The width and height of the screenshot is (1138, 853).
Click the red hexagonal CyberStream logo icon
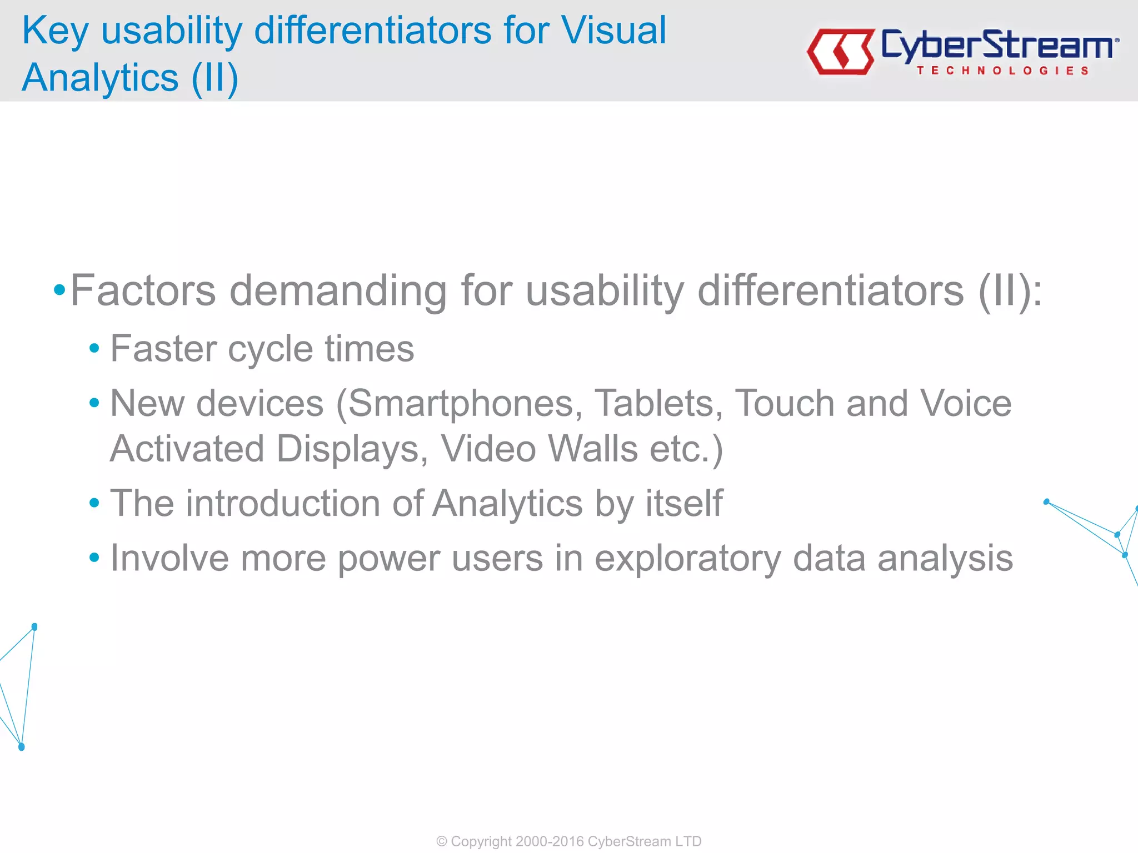841,52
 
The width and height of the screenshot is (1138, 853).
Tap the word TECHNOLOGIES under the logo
1002,71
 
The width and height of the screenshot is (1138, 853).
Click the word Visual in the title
613,30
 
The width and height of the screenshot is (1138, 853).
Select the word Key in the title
54,31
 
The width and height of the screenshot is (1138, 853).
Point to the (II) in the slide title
214,78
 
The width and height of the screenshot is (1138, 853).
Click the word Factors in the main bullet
143,290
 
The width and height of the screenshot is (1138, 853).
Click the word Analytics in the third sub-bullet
507,504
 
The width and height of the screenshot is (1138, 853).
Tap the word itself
683,503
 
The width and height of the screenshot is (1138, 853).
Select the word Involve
169,558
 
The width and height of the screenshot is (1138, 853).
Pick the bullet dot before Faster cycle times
94,349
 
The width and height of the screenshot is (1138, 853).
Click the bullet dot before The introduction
94,503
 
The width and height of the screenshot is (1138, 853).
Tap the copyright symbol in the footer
441,841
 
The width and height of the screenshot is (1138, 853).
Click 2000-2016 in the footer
549,841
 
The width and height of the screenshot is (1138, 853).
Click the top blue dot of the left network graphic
34,627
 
